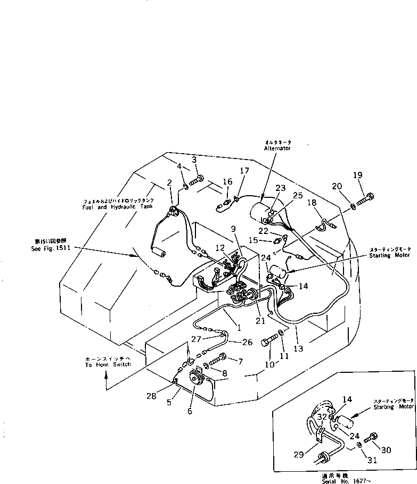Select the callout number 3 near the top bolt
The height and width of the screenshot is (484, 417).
(194, 160)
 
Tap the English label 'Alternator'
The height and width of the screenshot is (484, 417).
(277, 149)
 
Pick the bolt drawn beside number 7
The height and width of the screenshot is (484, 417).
(217, 361)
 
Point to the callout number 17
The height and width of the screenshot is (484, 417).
(244, 171)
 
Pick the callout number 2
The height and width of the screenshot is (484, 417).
(169, 183)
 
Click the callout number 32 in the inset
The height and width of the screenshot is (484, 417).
(321, 418)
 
